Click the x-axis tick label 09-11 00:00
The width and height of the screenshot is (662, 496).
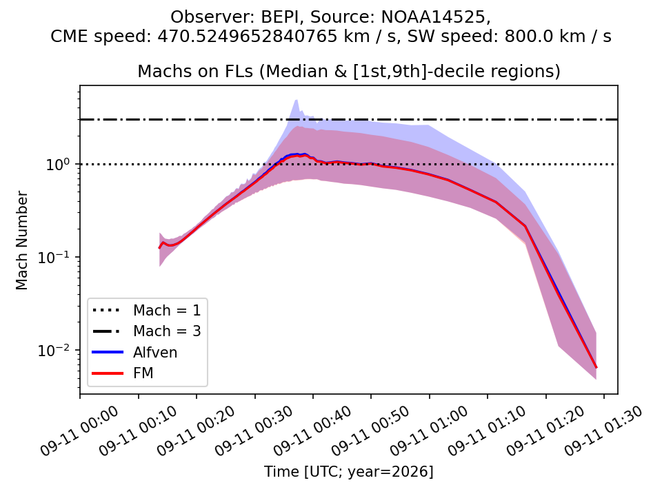coord(79,431)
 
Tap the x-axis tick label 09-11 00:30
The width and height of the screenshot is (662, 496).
coord(254,431)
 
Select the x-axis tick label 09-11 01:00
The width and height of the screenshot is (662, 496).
coord(428,431)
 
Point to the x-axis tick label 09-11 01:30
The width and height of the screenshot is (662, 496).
coord(603,431)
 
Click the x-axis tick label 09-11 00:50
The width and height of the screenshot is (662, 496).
coord(370,431)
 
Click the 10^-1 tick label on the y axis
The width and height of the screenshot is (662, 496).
coord(56,257)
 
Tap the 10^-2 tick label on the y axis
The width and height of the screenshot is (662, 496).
coord(56,350)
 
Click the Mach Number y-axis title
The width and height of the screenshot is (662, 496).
coord(21,240)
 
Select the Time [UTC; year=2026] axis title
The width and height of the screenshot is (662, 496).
coord(349,471)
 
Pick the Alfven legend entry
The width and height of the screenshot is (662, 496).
coord(135,352)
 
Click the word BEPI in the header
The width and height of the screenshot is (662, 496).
coord(283,17)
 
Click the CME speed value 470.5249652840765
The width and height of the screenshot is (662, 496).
coord(248,37)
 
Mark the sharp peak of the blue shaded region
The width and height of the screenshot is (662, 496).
coord(297,100)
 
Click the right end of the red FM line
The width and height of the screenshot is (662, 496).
coord(596,367)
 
